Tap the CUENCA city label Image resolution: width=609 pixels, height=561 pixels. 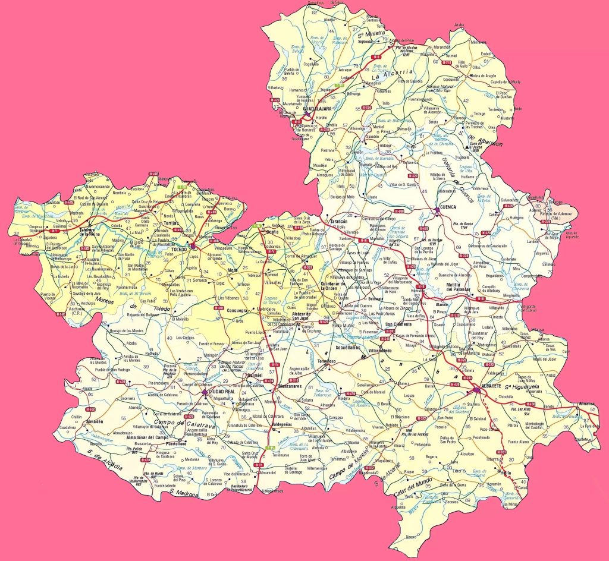(447, 207)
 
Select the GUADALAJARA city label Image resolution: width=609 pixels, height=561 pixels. (317, 109)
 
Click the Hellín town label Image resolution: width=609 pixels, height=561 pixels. (505, 473)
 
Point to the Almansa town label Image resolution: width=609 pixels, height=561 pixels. (588, 404)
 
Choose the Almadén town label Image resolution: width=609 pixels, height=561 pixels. (95, 421)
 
